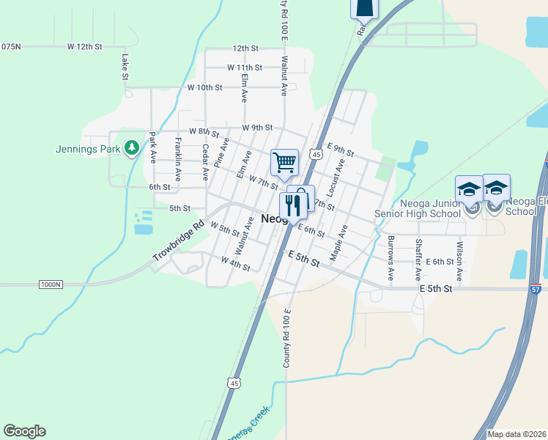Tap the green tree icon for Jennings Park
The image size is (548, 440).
[x=132, y=148]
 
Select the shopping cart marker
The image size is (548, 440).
[x=284, y=162]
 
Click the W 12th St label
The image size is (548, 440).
[x=84, y=46]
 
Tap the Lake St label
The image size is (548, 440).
[x=125, y=66]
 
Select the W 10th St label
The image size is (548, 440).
[x=204, y=87]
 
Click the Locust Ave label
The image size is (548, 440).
[x=337, y=177]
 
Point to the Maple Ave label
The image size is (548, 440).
[x=338, y=243]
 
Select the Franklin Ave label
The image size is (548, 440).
[x=178, y=159]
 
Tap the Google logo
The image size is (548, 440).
[x=24, y=431]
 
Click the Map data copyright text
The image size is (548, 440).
[x=516, y=434]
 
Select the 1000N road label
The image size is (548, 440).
[x=52, y=284]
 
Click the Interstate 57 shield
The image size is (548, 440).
[x=536, y=289]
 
